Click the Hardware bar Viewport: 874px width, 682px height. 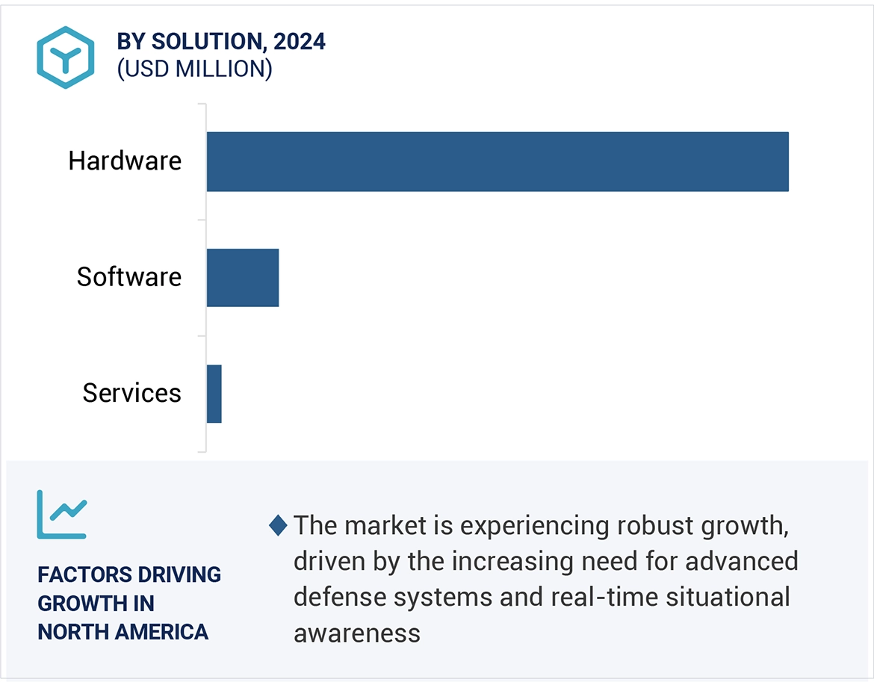[x=497, y=161]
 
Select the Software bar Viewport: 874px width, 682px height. [x=242, y=278]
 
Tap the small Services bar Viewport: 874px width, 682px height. [x=214, y=394]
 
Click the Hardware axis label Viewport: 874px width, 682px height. [x=125, y=161]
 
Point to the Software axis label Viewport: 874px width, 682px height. [x=129, y=277]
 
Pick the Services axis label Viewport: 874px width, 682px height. [x=131, y=393]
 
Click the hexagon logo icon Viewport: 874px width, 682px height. [x=65, y=58]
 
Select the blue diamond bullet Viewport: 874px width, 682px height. [x=278, y=525]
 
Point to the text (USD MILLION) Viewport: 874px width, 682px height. [x=194, y=69]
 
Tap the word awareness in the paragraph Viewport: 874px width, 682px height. [x=357, y=633]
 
